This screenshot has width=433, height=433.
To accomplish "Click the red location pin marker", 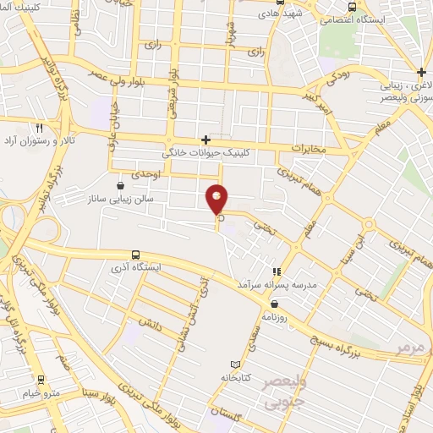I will click(x=217, y=199).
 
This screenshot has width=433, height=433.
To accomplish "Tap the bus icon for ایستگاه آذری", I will click(x=136, y=255).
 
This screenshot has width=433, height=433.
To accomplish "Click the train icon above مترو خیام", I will click(x=41, y=380).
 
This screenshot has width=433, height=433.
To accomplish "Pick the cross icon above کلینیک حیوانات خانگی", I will click(x=206, y=140).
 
